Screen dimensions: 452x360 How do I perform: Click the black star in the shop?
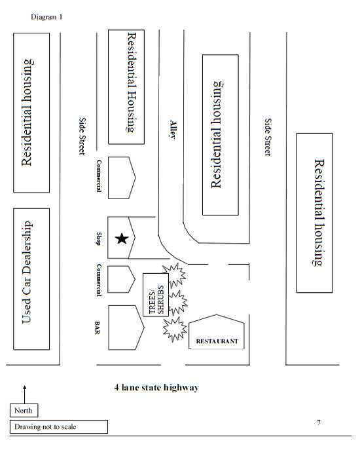121,238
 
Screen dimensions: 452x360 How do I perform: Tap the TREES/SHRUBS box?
156,294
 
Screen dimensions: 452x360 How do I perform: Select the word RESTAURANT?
217,342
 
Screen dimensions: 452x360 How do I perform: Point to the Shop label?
99,238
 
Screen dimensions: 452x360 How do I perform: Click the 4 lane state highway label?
156,387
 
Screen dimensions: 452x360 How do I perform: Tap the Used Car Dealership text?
27,280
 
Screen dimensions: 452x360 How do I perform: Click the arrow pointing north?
24,393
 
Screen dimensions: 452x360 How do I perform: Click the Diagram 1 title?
46,17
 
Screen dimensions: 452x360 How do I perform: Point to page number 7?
319,423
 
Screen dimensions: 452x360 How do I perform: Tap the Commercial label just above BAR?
99,280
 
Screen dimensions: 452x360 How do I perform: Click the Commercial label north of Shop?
99,176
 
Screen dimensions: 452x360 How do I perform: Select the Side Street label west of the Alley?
82,136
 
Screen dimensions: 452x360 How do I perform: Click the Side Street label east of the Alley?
267,137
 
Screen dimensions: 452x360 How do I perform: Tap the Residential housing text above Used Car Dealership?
27,113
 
